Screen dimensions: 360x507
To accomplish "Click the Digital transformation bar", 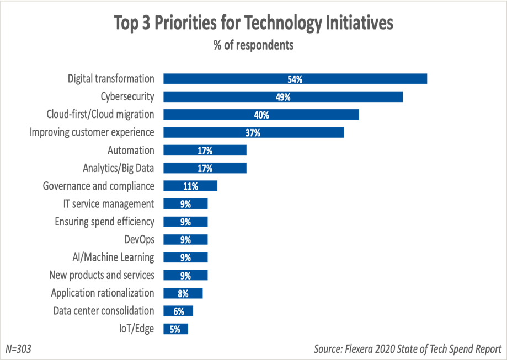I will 295,79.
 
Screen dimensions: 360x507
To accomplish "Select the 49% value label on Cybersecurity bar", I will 283,97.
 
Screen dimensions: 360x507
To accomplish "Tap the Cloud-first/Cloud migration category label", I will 100,115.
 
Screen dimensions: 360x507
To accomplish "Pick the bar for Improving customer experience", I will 254,132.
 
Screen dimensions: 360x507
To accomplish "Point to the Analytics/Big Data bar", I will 205,168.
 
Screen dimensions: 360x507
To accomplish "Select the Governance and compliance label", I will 98,186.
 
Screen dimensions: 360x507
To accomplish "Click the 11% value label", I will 190,186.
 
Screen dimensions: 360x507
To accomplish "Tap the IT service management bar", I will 185,204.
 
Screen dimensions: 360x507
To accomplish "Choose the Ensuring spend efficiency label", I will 104,222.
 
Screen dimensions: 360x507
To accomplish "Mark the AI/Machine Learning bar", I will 185,257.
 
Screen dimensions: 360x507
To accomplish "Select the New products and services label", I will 102,275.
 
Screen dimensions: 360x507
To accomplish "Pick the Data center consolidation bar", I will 178,311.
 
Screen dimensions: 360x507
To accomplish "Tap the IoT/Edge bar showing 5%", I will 175,329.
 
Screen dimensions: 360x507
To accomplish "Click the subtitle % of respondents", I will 253,45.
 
